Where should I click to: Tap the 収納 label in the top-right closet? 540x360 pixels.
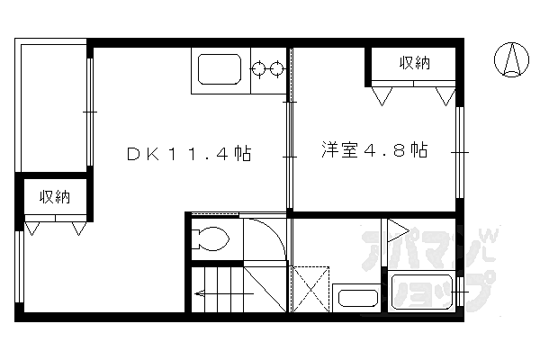click(x=414, y=63)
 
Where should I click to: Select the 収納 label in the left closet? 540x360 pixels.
click(x=54, y=196)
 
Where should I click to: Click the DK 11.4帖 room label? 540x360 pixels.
click(x=187, y=154)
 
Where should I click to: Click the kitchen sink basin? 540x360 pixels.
click(x=215, y=70)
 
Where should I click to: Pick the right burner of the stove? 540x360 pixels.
click(x=275, y=67)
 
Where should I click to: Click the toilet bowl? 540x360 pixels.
click(x=214, y=240)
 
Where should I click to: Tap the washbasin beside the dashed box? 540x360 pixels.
click(x=355, y=298)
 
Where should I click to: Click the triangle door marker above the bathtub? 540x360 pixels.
click(x=396, y=232)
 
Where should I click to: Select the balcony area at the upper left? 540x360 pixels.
click(x=52, y=103)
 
